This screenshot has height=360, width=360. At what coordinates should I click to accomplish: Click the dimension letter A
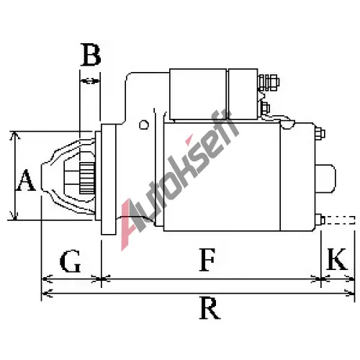click(26, 180)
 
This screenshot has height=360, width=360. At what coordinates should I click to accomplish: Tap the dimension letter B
click(91, 55)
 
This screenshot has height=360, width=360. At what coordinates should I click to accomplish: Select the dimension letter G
click(70, 261)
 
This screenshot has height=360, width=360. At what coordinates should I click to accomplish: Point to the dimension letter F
click(207, 260)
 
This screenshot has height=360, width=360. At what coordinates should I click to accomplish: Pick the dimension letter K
click(337, 259)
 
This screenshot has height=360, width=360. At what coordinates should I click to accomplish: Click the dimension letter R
click(210, 308)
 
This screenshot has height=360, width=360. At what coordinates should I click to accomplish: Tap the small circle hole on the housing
click(144, 125)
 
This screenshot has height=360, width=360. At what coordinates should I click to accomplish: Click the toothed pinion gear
click(87, 179)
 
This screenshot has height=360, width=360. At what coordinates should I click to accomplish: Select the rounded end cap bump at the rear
click(325, 179)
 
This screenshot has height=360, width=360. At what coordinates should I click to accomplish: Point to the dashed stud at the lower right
click(340, 220)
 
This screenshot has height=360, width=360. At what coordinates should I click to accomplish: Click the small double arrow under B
click(90, 81)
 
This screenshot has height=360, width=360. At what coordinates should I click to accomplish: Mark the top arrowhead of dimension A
click(15, 135)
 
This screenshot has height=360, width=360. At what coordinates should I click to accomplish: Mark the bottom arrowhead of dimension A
click(15, 216)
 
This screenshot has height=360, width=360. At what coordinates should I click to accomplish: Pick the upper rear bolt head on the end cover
click(320, 133)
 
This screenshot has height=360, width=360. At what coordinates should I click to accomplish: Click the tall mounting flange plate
click(108, 179)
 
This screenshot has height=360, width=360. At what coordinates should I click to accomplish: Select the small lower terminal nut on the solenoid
click(265, 108)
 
